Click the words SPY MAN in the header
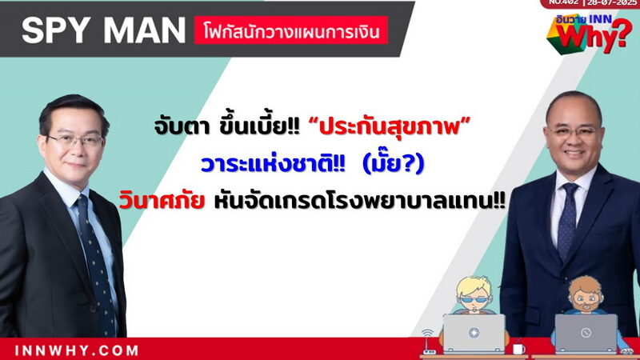pyautogui.click(x=104, y=30)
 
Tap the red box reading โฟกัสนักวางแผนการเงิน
pyautogui.click(x=291, y=30)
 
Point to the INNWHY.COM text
pyautogui.click(x=76, y=350)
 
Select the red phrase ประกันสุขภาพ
pyautogui.click(x=390, y=126)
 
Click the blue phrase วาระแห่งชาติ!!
pyautogui.click(x=273, y=164)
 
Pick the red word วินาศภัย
pyautogui.click(x=162, y=201)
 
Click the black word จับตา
pyautogui.click(x=182, y=127)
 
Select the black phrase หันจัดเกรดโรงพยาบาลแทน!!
pyautogui.click(x=360, y=201)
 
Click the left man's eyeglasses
pyautogui.click(x=74, y=141)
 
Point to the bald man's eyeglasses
pyautogui.click(x=573, y=131)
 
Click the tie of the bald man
pyautogui.click(x=568, y=221)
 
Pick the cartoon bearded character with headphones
pyautogui.click(x=586, y=297)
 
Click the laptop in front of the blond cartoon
pyautogui.click(x=474, y=333)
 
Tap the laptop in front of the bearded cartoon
pyautogui.click(x=586, y=333)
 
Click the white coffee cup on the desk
pyautogui.click(x=518, y=349)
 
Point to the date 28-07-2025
pyautogui.click(x=612, y=2)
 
